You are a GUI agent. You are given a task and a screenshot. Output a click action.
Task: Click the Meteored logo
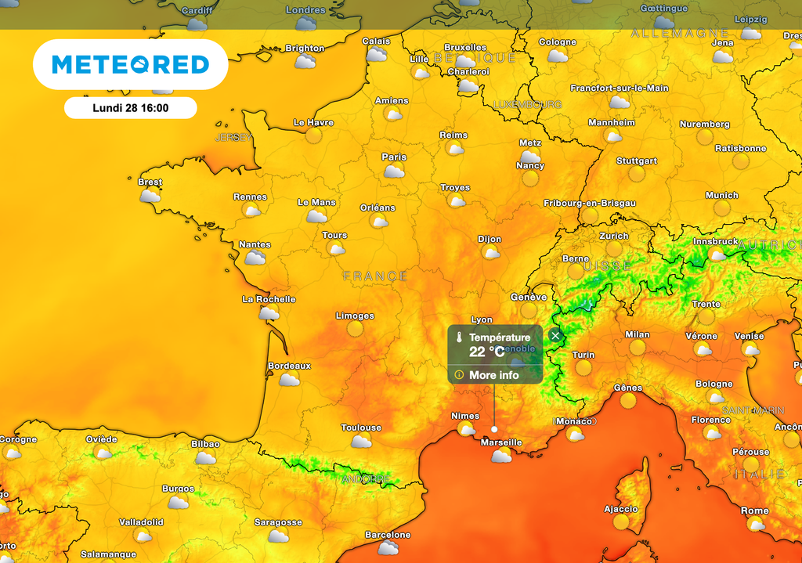point(130,64)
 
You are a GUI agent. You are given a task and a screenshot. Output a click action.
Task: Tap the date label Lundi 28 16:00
point(130,108)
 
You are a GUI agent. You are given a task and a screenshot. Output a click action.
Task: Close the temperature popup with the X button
point(555,336)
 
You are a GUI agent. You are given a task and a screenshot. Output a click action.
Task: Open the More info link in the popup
point(493,375)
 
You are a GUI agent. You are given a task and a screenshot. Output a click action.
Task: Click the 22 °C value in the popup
point(486,352)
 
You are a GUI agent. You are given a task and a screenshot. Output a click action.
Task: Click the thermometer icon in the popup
point(459,338)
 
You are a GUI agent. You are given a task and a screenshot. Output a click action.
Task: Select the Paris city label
point(394,157)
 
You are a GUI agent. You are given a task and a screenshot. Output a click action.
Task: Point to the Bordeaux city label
point(289,366)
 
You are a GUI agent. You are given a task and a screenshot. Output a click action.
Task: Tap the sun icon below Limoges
point(356,329)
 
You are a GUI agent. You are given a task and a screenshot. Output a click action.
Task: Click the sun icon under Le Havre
point(313,135)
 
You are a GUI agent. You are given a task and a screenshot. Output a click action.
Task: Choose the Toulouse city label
point(361,428)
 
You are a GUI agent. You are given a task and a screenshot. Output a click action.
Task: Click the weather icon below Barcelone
point(388,548)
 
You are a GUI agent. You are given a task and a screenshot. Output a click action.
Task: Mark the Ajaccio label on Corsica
point(621,509)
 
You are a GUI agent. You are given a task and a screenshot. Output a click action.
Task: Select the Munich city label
point(721,195)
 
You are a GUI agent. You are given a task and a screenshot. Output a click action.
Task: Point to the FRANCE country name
point(375,276)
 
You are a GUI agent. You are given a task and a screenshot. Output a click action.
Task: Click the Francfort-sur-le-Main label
point(619,88)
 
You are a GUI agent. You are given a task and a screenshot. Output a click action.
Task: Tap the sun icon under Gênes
point(628,400)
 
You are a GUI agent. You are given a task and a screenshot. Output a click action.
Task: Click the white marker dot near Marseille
point(494,429)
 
